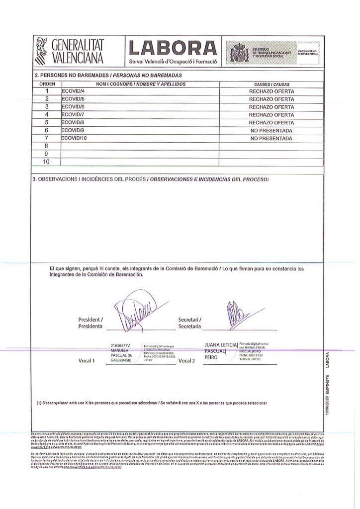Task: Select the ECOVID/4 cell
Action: pyautogui.click(x=73, y=92)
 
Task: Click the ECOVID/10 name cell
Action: pyautogui.click(x=74, y=138)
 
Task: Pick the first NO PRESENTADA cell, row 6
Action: pyautogui.click(x=271, y=131)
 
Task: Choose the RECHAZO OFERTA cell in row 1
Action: pyautogui.click(x=271, y=92)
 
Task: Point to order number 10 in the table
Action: pyautogui.click(x=46, y=162)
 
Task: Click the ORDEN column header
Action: pyautogui.click(x=46, y=85)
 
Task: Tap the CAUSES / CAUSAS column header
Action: pyautogui.click(x=271, y=85)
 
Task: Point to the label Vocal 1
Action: pyautogui.click(x=88, y=360)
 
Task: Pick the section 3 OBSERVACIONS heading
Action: pyautogui.click(x=149, y=177)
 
